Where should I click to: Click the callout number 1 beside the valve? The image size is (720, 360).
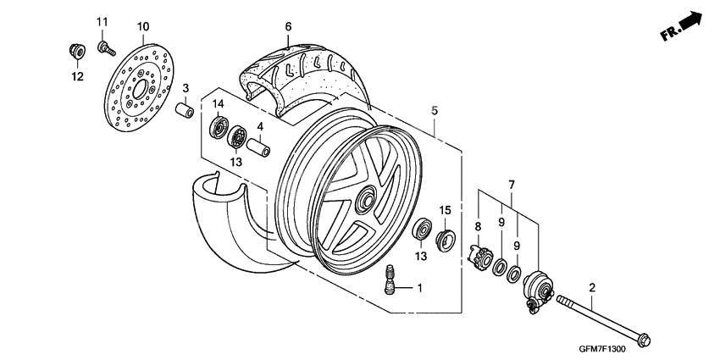(x=420, y=288)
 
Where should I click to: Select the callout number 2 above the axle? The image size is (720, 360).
(x=591, y=288)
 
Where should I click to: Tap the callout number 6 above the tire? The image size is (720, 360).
(x=288, y=27)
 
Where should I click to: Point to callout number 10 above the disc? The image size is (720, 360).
(x=142, y=26)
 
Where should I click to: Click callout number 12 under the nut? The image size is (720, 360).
(x=77, y=77)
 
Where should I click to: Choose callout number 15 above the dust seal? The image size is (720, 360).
(x=445, y=208)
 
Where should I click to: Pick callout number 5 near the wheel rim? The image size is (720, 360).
(x=434, y=111)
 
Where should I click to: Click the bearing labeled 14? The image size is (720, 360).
(x=219, y=128)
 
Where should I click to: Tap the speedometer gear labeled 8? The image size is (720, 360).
(x=480, y=253)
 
